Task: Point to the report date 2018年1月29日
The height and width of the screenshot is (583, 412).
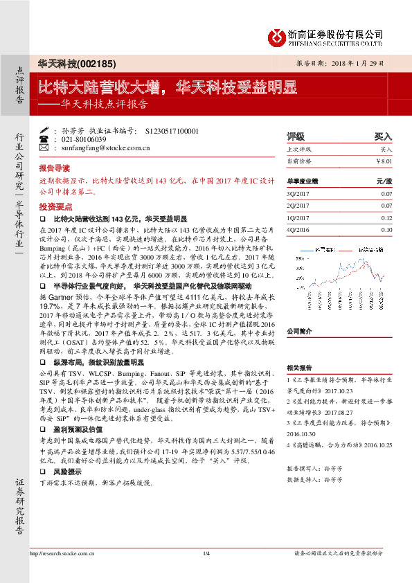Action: (x=364, y=62)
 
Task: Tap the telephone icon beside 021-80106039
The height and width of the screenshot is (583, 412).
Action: (x=45, y=138)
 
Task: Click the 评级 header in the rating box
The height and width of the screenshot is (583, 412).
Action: (x=296, y=136)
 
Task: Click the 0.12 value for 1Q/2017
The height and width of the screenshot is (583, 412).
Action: (x=386, y=218)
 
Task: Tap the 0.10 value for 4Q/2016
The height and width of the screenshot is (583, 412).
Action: (x=386, y=229)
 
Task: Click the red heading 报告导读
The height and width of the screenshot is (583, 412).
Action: (x=54, y=168)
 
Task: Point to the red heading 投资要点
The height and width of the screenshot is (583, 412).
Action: (x=54, y=206)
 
